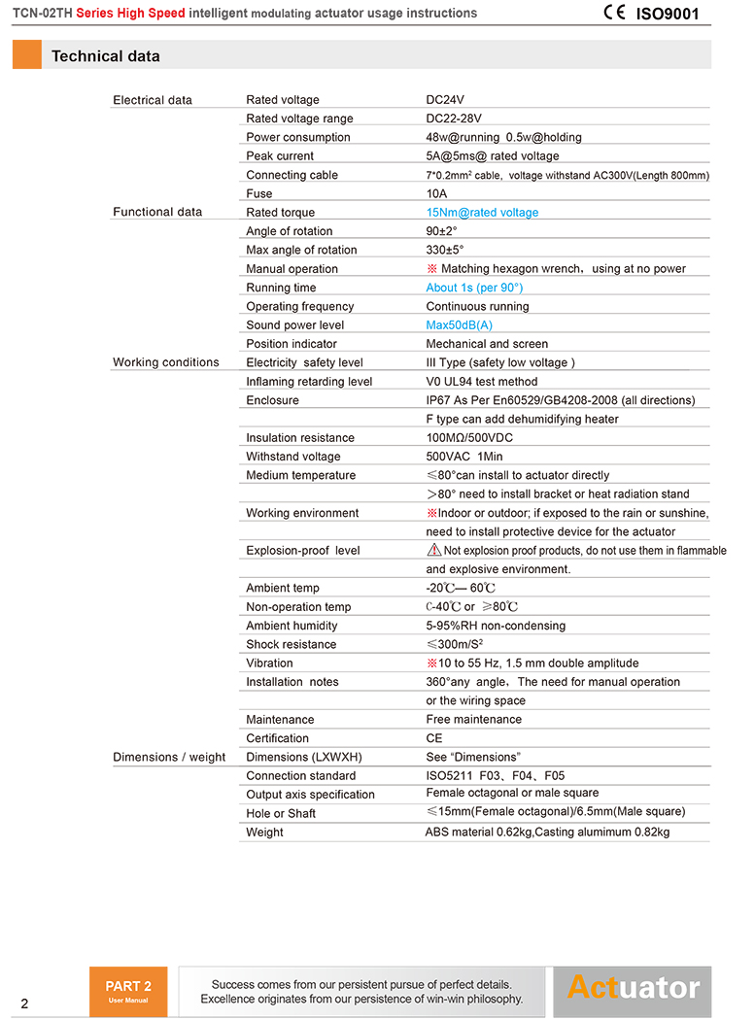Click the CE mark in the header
point(614,13)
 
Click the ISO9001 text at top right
point(668,14)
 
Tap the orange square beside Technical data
point(26,55)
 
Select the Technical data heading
point(106,56)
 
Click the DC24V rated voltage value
point(445,100)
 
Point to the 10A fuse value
point(436,193)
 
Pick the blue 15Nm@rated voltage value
point(482,213)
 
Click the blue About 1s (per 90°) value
point(474,288)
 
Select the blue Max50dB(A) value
point(460,325)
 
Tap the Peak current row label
point(280,156)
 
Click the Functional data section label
point(157,212)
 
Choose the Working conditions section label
point(166,362)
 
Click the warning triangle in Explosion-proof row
point(434,550)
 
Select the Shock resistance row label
point(292,644)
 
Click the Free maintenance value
point(474,720)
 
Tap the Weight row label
point(265,833)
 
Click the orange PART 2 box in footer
point(128,991)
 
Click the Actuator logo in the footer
point(634,988)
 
